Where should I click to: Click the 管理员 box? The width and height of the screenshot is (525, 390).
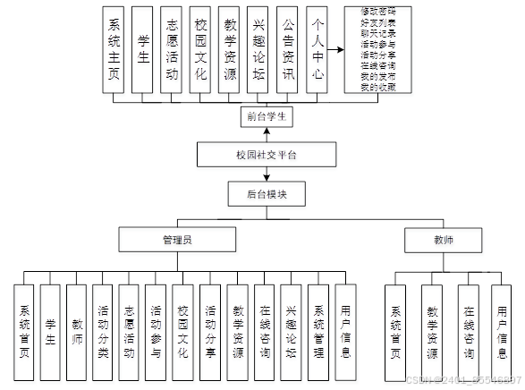[x=178, y=239]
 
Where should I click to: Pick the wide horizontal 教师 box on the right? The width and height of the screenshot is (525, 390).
[x=443, y=239]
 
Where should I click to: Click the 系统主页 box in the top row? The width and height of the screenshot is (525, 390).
[x=114, y=52]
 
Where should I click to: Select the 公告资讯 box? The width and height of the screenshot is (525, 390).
[x=287, y=52]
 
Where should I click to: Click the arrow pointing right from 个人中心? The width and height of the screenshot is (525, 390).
[x=336, y=52]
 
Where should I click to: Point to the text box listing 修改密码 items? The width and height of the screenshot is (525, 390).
[x=382, y=52]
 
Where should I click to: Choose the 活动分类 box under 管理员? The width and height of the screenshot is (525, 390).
[x=104, y=322]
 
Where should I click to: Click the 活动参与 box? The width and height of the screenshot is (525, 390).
[x=156, y=322]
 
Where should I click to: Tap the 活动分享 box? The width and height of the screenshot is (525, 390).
[x=209, y=322]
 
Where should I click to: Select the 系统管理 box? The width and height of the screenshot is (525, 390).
[x=318, y=322]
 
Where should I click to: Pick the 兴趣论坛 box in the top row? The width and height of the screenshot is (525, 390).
[x=258, y=52]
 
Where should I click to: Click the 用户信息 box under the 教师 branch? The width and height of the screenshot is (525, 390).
[x=504, y=322]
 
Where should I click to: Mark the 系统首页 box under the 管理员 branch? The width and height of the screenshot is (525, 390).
[x=24, y=322]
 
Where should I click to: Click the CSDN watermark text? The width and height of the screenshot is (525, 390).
[x=463, y=381]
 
